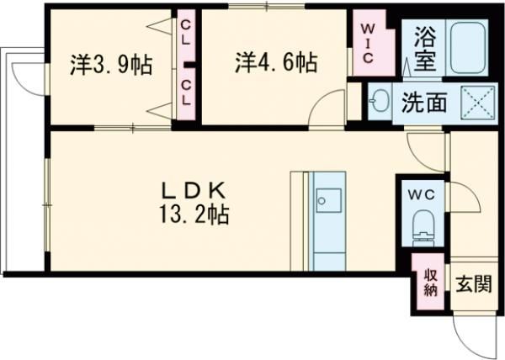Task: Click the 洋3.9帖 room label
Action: (111, 65)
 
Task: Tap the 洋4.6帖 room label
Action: (276, 62)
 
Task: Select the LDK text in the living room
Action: (194, 191)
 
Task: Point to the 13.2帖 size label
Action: (194, 214)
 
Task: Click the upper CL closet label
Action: (185, 33)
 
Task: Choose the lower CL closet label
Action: (186, 93)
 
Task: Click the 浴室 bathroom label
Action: (425, 50)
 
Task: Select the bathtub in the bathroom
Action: (468, 48)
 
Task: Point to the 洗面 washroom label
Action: (424, 103)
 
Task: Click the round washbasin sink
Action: (380, 101)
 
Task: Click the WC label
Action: (422, 194)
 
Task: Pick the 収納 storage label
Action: (430, 283)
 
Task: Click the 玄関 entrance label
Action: (473, 284)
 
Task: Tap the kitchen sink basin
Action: (328, 201)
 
